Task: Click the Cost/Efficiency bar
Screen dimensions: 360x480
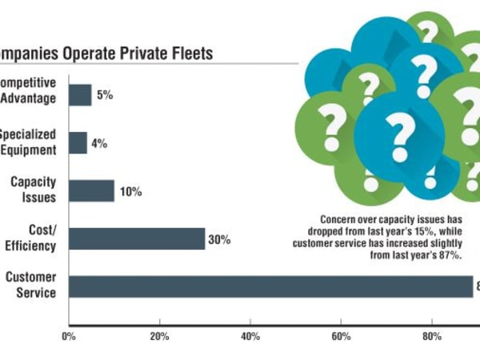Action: click(136, 238)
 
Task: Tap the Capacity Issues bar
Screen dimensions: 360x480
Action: click(91, 191)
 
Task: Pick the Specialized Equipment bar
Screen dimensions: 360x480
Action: click(78, 143)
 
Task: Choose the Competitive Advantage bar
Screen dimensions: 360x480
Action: click(80, 95)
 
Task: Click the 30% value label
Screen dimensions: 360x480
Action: click(219, 239)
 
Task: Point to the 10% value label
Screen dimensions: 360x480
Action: click(130, 192)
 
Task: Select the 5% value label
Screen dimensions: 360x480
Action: click(105, 95)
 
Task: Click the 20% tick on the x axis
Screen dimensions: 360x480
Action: click(160, 336)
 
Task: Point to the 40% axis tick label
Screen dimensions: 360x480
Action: click(250, 336)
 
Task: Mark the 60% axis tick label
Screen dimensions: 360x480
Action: click(342, 336)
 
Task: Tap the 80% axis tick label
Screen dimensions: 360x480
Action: click(432, 336)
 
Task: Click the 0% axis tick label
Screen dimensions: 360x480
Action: click(69, 336)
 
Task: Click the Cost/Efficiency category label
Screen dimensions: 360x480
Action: click(32, 238)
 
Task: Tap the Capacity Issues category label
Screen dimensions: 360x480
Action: click(33, 190)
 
